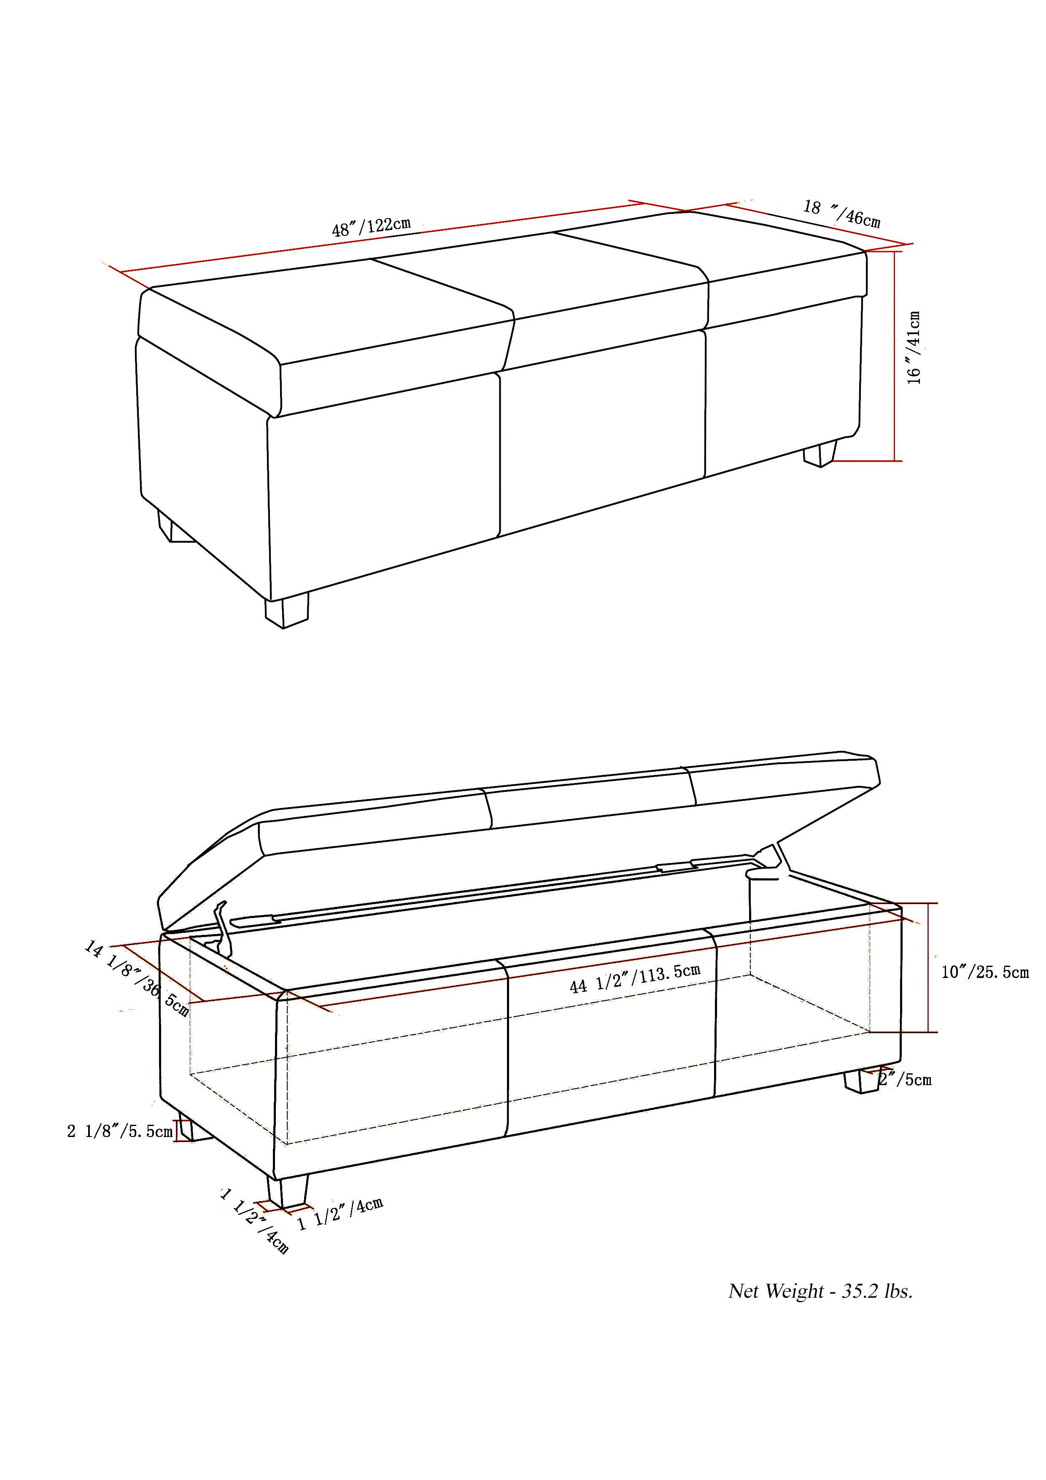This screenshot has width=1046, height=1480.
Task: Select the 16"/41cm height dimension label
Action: click(914, 348)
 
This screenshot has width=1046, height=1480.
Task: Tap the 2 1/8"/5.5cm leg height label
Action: click(120, 1131)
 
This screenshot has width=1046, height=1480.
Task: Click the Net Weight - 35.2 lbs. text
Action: click(820, 1291)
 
